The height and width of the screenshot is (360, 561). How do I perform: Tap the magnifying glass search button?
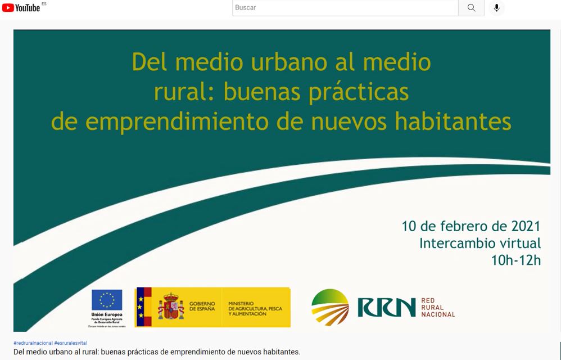(471, 8)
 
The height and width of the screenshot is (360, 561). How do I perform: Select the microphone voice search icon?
(496, 8)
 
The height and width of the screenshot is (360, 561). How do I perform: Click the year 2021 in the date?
(526, 226)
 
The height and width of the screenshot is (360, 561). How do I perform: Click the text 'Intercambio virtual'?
(479, 244)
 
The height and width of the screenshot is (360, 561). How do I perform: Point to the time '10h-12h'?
(515, 260)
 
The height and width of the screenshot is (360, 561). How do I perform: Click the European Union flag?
(107, 300)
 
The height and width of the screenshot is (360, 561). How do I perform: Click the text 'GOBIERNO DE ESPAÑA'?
(202, 306)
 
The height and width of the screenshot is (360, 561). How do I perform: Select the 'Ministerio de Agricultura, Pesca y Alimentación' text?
(255, 307)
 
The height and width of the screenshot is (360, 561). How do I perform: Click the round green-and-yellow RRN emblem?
(330, 307)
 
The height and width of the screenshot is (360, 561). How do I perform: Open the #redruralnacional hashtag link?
(33, 343)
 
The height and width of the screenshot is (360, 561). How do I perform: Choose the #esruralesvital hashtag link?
(71, 343)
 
